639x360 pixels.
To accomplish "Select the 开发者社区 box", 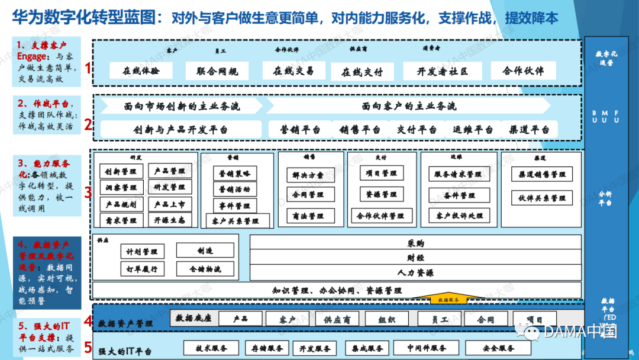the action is click(443, 71).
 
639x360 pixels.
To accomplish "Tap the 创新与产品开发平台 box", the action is click(180, 129).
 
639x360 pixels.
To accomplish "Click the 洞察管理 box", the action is click(121, 188).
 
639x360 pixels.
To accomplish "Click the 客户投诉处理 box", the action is click(459, 216).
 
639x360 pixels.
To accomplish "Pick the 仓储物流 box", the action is click(205, 268).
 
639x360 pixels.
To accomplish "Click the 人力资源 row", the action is click(415, 273).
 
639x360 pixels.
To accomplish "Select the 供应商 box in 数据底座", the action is click(337, 319).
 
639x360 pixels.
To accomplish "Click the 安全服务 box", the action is click(498, 348).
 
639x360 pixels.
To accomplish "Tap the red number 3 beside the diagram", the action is click(88, 192).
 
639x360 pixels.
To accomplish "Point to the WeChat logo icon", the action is click(527, 331).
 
